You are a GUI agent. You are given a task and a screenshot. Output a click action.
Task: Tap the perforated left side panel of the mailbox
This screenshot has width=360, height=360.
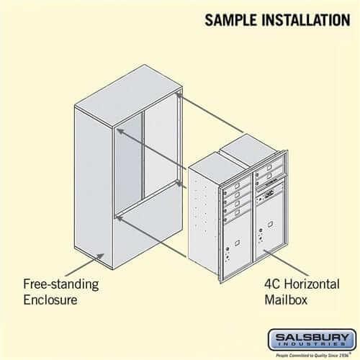coord(204,216)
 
